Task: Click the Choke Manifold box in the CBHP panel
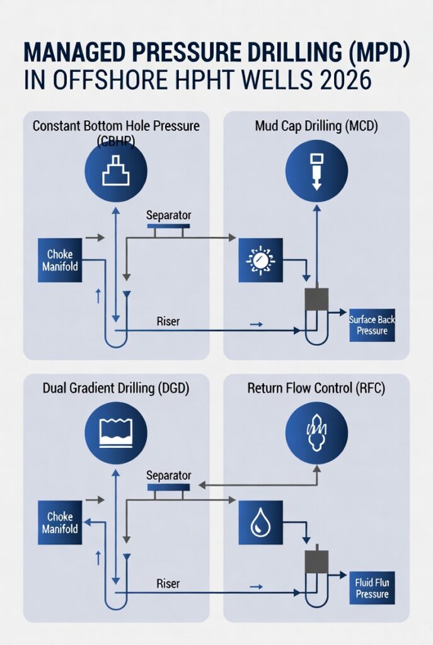[60, 260]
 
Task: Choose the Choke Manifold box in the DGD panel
[60, 522]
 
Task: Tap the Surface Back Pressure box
[372, 325]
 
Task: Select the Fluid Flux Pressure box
[372, 588]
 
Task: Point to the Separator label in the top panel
[168, 215]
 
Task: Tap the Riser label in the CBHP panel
[168, 321]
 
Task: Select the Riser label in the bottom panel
[168, 584]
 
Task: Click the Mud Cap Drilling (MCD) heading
[316, 126]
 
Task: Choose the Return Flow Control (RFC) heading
[316, 389]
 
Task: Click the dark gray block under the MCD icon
[316, 300]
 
